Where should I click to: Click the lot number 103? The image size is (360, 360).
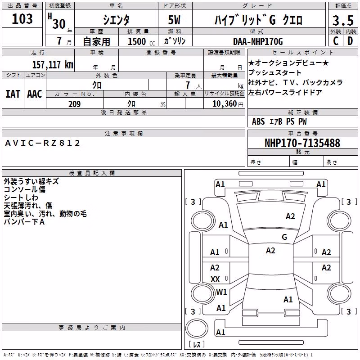(22, 19)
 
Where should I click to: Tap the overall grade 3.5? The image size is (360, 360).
(343, 21)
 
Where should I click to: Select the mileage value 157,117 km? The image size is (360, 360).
(53, 64)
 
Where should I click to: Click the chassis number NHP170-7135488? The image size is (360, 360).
(302, 143)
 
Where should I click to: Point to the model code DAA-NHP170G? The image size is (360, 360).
(258, 41)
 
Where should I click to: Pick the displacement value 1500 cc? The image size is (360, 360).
(141, 41)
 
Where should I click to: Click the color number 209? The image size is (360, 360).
(75, 104)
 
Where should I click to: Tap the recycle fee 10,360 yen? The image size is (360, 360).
(228, 104)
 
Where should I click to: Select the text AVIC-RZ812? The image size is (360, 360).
(42, 143)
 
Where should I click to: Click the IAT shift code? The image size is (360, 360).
(13, 94)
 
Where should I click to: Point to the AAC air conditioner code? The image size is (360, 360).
(35, 94)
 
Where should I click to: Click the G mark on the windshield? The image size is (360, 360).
(284, 237)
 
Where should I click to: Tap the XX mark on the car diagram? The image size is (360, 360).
(215, 279)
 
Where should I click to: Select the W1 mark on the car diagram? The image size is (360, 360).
(221, 292)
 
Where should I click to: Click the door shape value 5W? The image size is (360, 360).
(174, 20)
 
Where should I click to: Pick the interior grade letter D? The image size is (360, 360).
(350, 41)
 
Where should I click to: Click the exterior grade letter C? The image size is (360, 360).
(336, 41)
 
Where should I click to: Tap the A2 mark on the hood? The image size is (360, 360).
(290, 216)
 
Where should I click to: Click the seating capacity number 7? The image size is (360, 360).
(188, 85)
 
